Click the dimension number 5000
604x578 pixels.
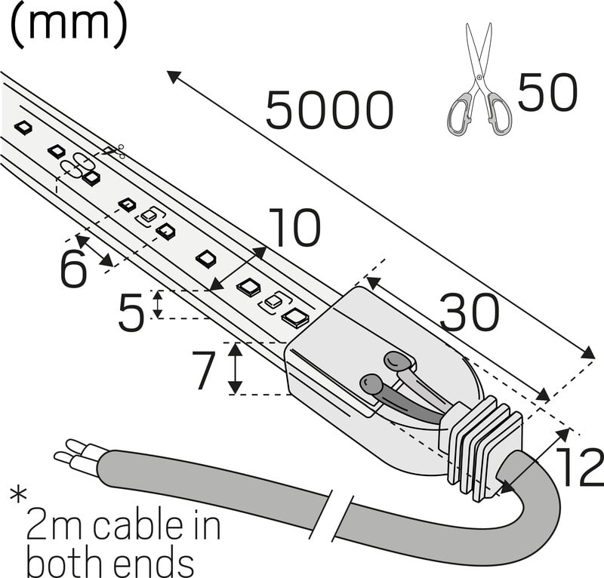click(330, 111)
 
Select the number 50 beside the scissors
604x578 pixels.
click(547, 92)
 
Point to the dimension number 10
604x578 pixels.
click(294, 229)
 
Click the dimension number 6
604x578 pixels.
click(73, 269)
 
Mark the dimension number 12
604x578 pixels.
click(578, 468)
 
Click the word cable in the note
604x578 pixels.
click(139, 525)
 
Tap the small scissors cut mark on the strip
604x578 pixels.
click(114, 152)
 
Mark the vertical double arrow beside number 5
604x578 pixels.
click(158, 304)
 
